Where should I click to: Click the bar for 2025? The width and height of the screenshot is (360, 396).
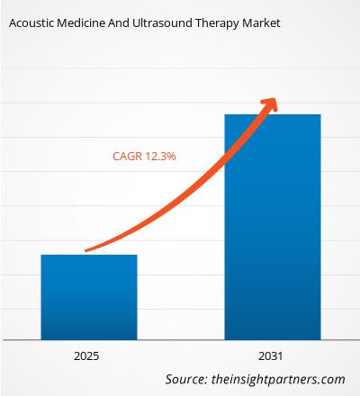[89, 297]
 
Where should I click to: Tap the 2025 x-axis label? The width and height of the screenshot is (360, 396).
[89, 356]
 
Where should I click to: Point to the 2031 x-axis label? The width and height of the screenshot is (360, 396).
[272, 356]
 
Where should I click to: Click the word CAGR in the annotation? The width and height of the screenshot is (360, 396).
[127, 156]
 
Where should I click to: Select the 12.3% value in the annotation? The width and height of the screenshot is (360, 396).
[160, 156]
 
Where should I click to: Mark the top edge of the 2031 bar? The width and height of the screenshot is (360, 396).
[272, 115]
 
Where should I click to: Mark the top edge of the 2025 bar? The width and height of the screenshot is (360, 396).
[89, 256]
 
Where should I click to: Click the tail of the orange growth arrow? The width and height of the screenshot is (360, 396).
[85, 250]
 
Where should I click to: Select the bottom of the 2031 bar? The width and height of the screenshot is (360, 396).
[272, 337]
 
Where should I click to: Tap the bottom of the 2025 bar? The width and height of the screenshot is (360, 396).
[89, 337]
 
